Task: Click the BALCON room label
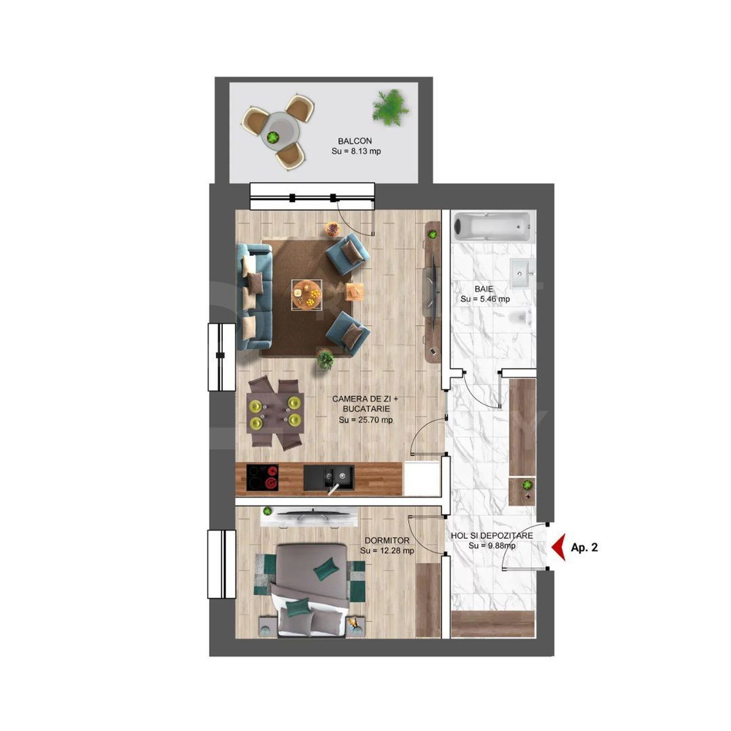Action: [355, 141]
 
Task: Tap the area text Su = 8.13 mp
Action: [355, 152]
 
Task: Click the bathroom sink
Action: [522, 273]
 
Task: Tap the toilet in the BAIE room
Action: [520, 317]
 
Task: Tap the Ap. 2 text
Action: [584, 548]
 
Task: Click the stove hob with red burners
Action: [263, 477]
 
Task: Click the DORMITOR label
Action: [386, 541]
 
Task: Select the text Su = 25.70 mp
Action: [365, 420]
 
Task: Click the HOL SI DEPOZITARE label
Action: [492, 535]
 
